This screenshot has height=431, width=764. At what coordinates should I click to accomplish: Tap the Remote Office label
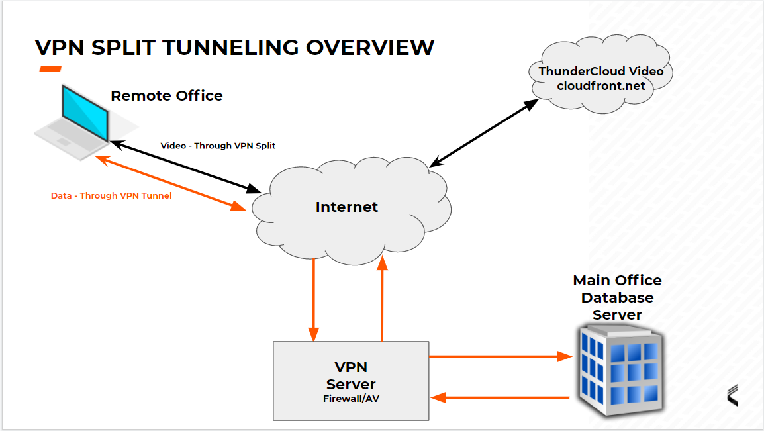(x=166, y=96)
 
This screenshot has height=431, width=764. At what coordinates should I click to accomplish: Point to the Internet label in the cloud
(x=346, y=207)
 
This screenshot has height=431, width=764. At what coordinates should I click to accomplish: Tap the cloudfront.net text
(x=600, y=86)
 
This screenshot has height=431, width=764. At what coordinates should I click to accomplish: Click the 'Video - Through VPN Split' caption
(x=218, y=146)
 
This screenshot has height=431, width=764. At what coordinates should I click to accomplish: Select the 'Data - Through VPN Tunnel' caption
(x=111, y=196)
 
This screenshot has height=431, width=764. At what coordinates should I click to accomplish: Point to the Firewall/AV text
(x=351, y=399)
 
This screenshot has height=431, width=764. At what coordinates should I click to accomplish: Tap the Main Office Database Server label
(x=617, y=297)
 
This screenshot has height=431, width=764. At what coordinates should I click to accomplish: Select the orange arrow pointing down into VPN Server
(x=314, y=298)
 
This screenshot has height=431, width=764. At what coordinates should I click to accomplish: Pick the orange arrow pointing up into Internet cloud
(x=382, y=298)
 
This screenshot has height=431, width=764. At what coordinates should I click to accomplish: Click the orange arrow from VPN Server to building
(x=500, y=357)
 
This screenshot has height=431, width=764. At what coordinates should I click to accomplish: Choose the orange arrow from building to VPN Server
(x=500, y=397)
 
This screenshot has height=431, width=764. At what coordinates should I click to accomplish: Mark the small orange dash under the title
(x=50, y=69)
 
